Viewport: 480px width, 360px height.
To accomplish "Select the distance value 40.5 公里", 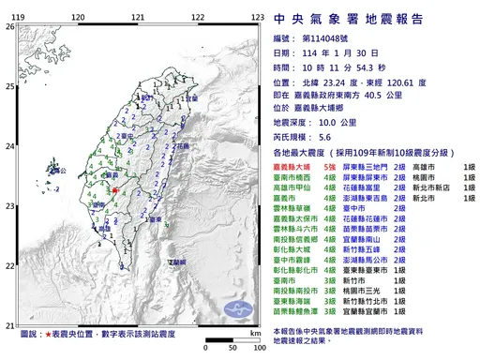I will point(402,94).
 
